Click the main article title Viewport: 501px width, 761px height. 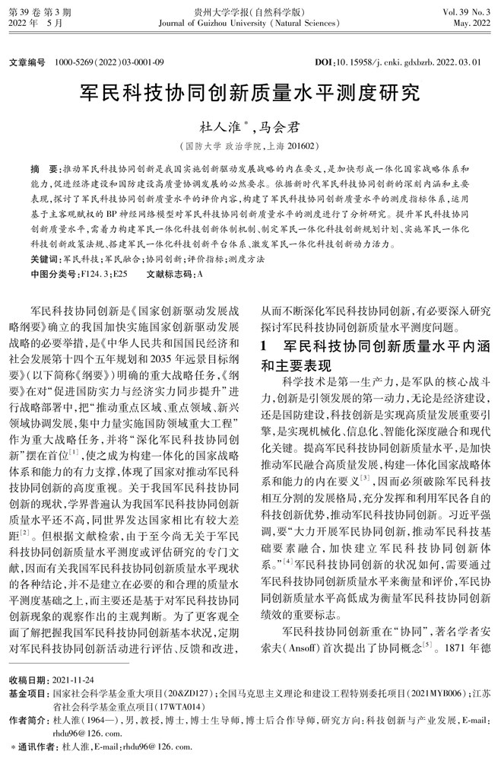[x=250, y=94]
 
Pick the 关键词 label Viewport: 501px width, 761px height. [x=43, y=260]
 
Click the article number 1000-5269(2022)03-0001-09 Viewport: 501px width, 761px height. [x=107, y=59]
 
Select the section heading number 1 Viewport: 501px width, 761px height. [x=264, y=345]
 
